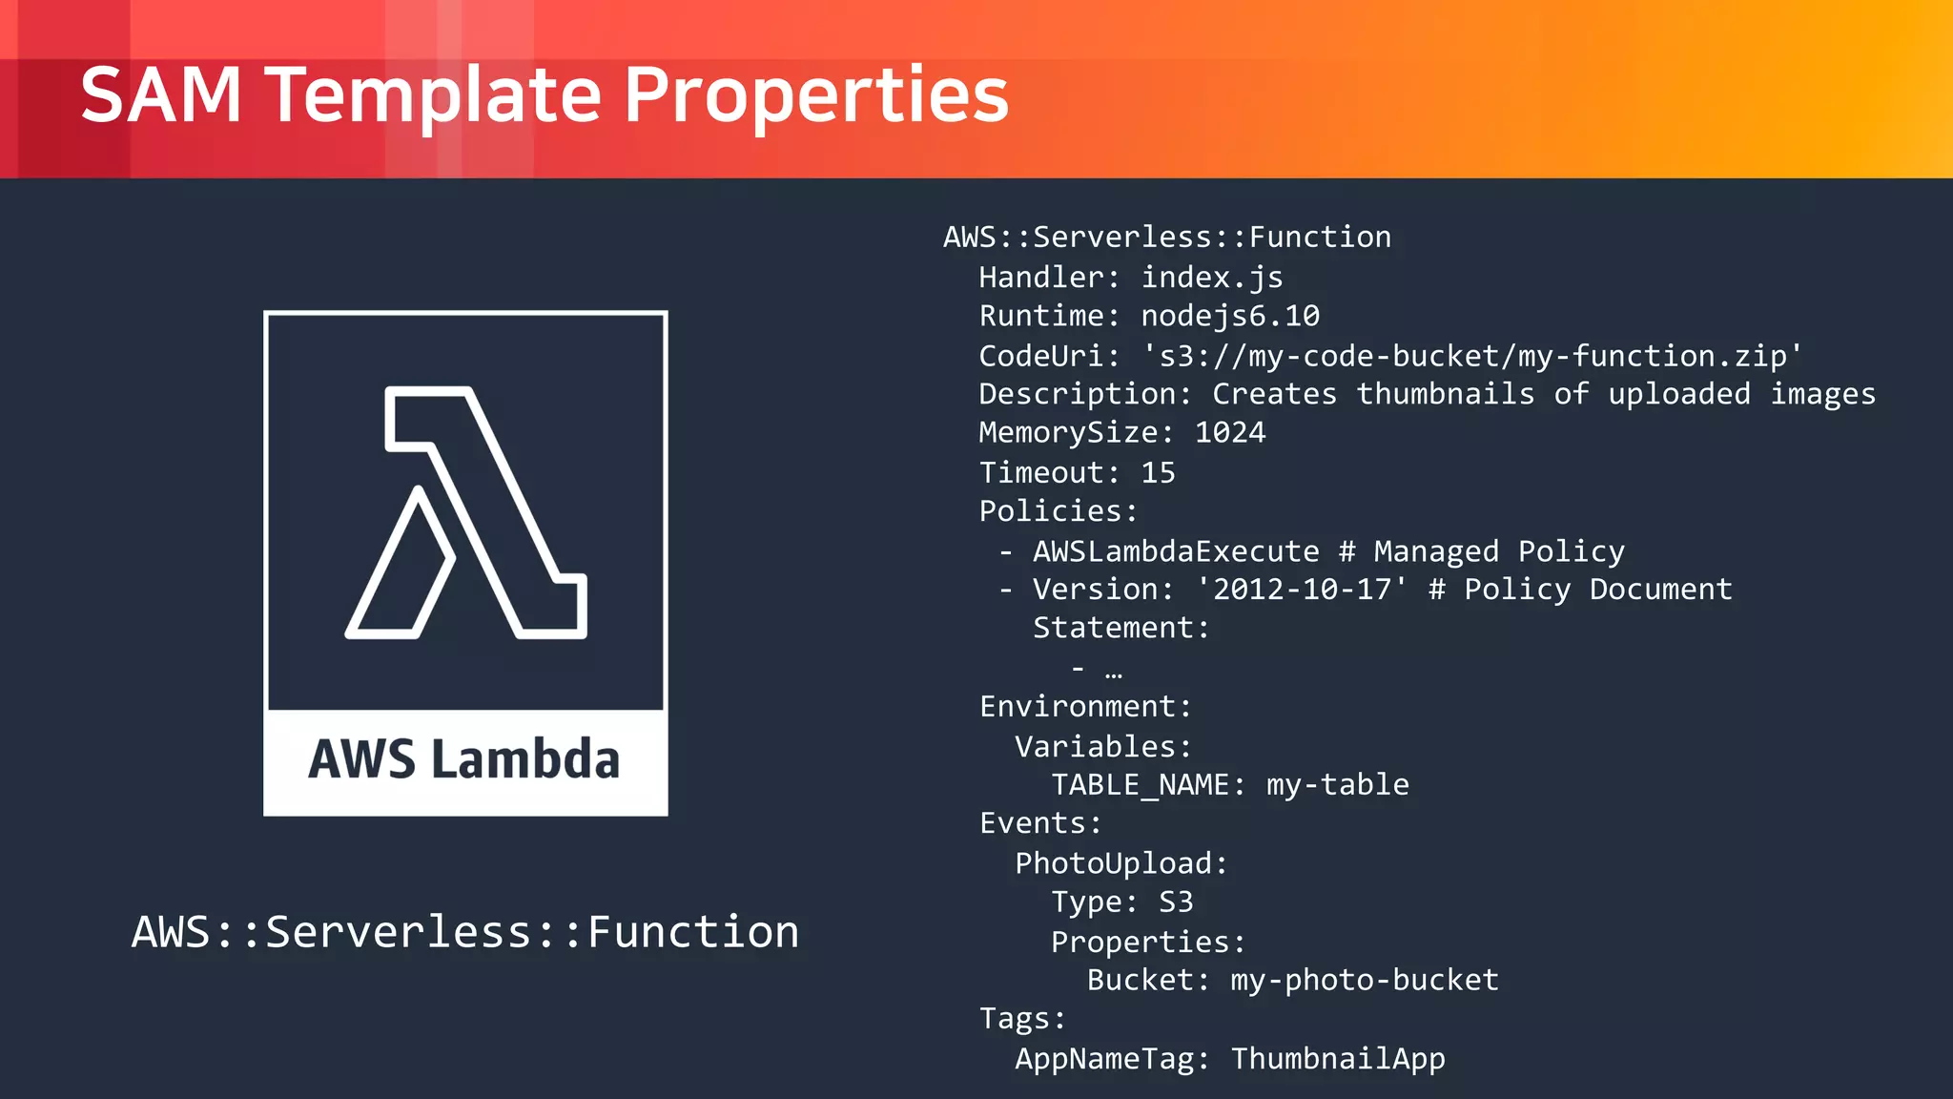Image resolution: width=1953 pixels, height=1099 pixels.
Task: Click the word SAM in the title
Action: pyautogui.click(x=160, y=95)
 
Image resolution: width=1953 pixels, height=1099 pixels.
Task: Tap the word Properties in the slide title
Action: pyautogui.click(x=816, y=95)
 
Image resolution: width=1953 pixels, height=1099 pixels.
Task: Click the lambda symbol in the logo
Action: pyautogui.click(x=465, y=512)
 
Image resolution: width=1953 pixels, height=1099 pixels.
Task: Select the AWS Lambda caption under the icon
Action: pyautogui.click(x=464, y=759)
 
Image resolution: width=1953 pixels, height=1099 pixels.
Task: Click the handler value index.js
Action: pyautogui.click(x=1212, y=278)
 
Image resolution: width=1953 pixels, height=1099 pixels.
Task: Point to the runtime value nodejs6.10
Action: pyautogui.click(x=1230, y=316)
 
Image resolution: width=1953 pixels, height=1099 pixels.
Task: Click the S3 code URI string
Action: pyautogui.click(x=1472, y=356)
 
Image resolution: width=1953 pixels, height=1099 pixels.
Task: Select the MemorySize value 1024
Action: pyautogui.click(x=1230, y=433)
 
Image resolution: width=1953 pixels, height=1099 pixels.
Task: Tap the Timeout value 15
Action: pyautogui.click(x=1158, y=472)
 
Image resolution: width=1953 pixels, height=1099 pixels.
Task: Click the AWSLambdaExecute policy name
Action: pyautogui.click(x=1176, y=551)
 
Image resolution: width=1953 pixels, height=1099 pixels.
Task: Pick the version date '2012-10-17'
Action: pyautogui.click(x=1302, y=590)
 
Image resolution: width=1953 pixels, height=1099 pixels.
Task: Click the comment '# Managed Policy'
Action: pyautogui.click(x=1481, y=551)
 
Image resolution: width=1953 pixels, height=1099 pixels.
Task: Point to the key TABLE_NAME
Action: pyautogui.click(x=1141, y=785)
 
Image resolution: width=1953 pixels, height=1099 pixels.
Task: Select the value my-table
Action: pyautogui.click(x=1338, y=785)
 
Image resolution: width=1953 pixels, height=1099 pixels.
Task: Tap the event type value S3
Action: pyautogui.click(x=1176, y=902)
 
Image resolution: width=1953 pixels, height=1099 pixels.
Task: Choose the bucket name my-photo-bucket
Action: pyautogui.click(x=1365, y=981)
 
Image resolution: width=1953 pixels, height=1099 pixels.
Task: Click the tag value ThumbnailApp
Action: pyautogui.click(x=1338, y=1059)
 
